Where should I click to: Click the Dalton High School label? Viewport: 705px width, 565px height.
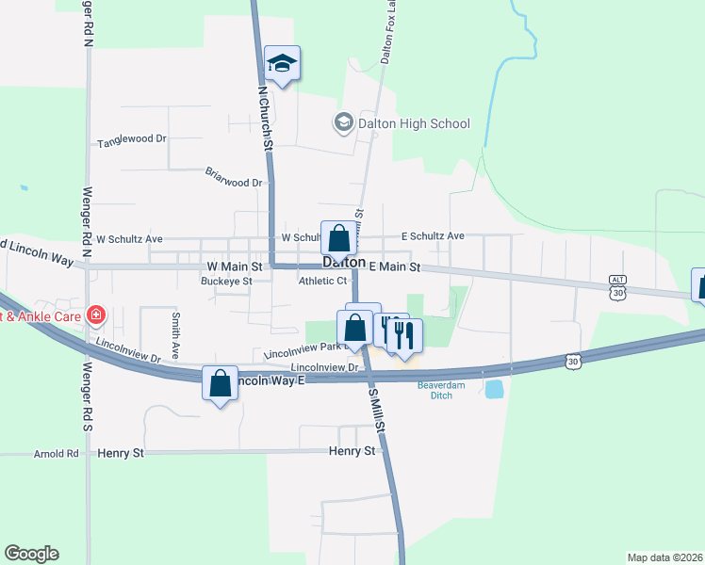pos(400,123)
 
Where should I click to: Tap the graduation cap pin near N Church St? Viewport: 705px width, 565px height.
pos(282,64)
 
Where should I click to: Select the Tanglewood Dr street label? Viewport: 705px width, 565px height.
pos(132,142)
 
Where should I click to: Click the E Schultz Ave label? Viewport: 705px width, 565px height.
pos(433,235)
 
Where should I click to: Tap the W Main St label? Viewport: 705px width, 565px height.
pos(234,267)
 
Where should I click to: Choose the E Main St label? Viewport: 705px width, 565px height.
pos(394,267)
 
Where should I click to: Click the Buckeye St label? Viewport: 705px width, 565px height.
pos(227,281)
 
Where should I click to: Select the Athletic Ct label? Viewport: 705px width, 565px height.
pos(323,281)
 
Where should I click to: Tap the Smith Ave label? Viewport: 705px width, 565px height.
pos(175,332)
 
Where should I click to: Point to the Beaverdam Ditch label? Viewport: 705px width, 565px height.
pos(435,390)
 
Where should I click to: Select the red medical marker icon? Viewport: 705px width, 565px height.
pos(95,315)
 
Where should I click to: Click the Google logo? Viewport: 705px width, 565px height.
pos(31,554)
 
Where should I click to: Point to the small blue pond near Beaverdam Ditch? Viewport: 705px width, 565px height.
pos(494,389)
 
